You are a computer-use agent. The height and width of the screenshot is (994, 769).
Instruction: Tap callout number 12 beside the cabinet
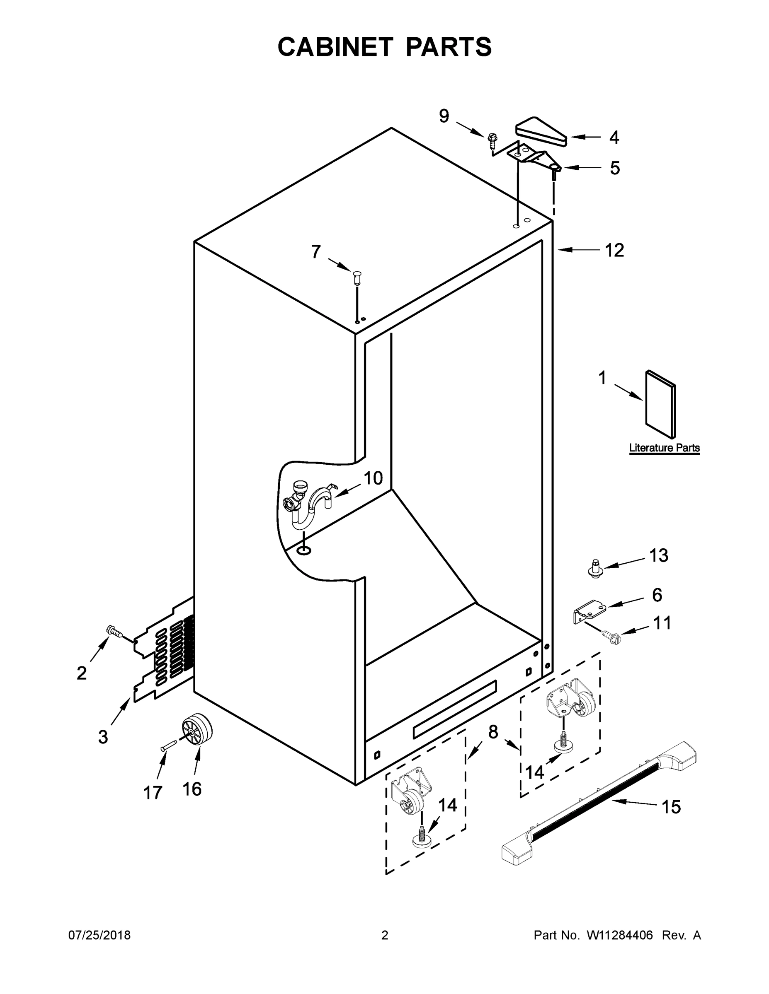click(614, 250)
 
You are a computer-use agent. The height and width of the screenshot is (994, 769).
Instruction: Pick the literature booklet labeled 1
click(660, 405)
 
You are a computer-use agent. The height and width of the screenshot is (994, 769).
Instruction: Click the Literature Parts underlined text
click(664, 448)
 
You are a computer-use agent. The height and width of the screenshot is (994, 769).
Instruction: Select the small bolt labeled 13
click(594, 569)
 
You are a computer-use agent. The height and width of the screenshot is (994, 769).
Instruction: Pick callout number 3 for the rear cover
click(103, 736)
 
